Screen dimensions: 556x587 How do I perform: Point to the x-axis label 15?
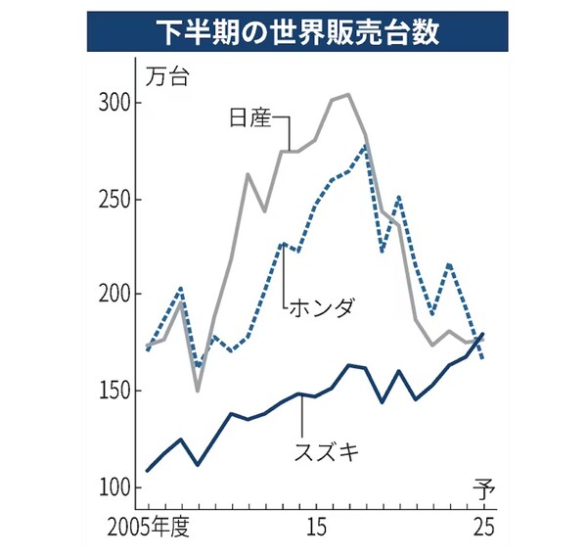tap(316, 530)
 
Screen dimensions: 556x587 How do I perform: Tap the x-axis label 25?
tap(482, 530)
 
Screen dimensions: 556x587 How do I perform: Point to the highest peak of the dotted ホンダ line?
tap(365, 146)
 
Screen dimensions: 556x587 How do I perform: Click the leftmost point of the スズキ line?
tap(147, 471)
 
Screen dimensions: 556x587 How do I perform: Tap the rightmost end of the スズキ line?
tap(483, 334)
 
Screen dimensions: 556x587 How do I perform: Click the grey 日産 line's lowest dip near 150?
tap(197, 392)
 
